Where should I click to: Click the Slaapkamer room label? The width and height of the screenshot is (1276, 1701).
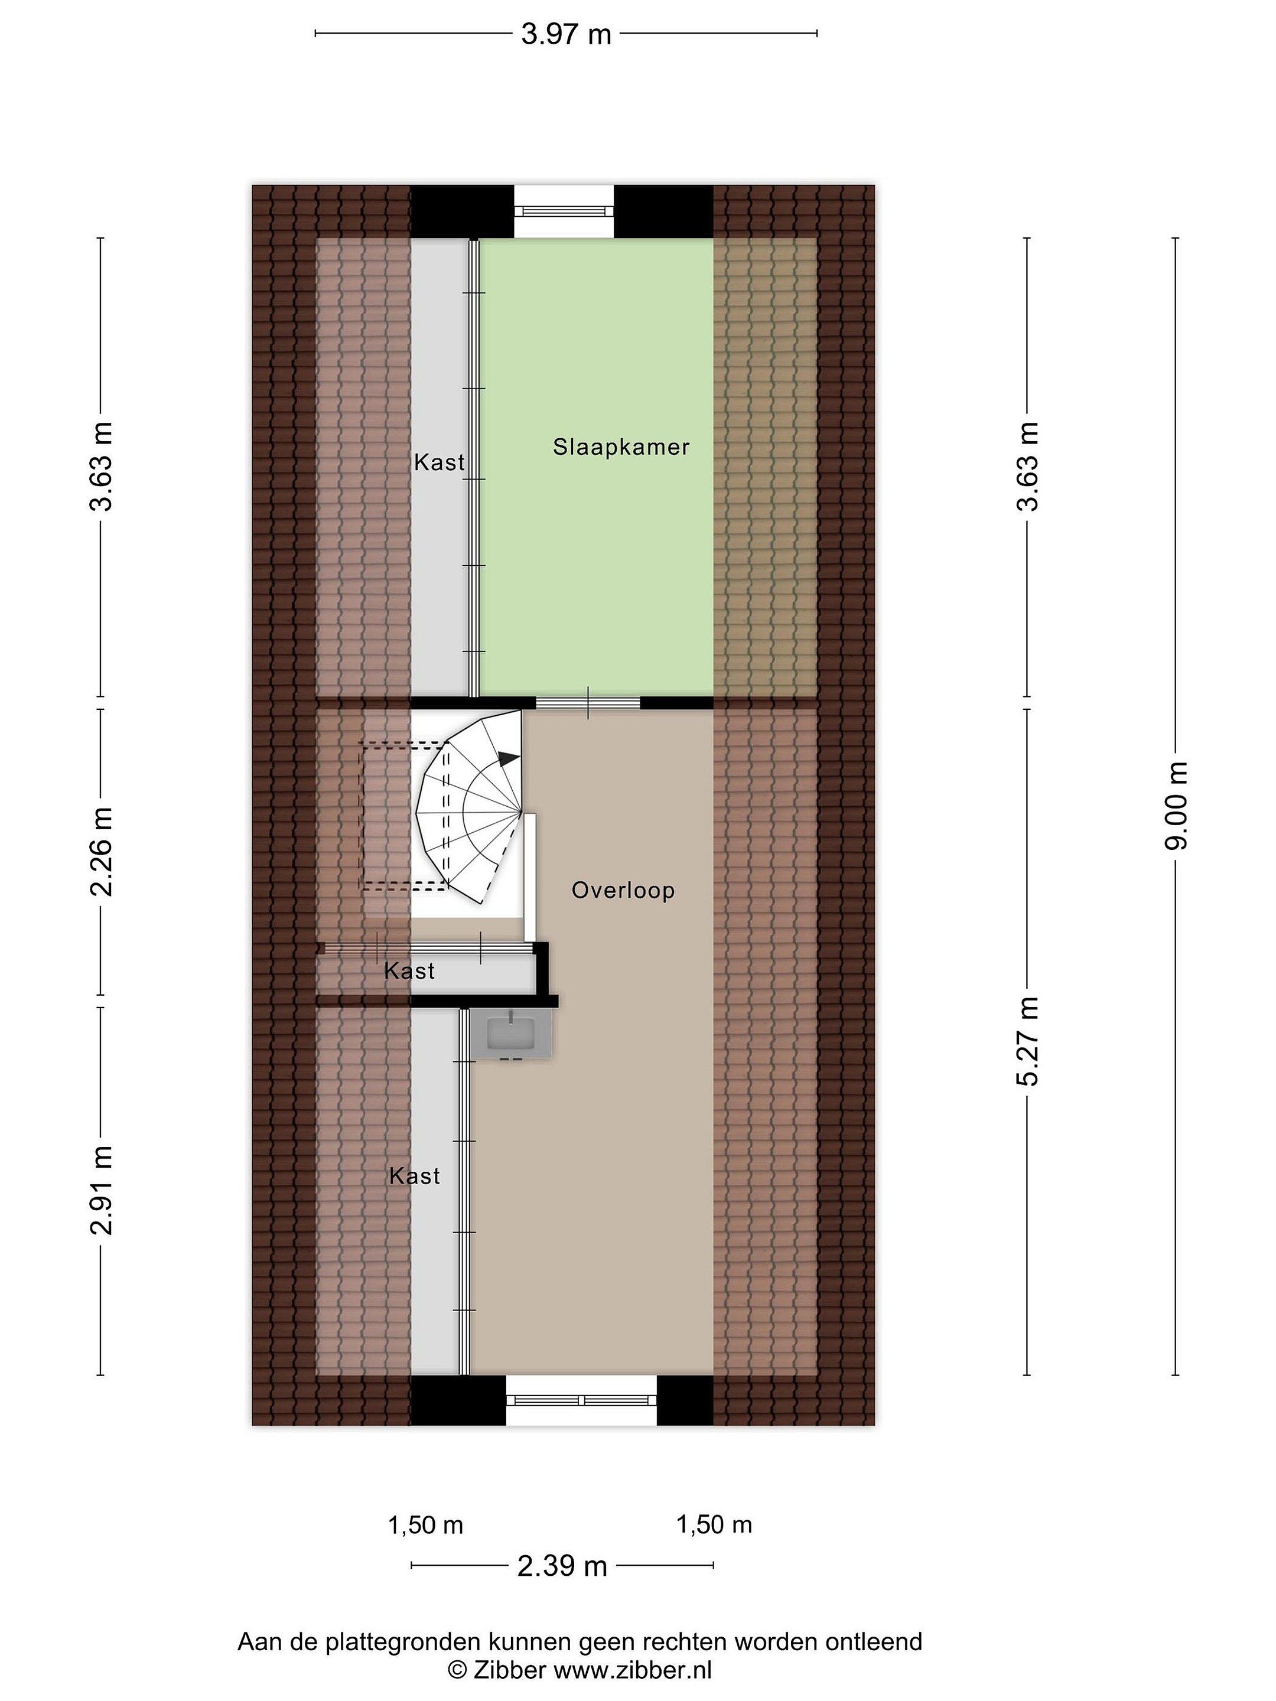[621, 447]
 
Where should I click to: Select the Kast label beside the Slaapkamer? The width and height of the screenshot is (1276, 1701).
[439, 462]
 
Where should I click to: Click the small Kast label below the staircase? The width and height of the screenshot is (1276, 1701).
[409, 971]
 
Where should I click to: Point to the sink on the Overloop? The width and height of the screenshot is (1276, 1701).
[512, 1033]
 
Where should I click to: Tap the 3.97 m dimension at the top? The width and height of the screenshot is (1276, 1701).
[566, 34]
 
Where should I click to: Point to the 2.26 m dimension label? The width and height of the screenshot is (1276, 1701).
[102, 852]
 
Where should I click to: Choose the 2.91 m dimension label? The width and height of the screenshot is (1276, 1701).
[102, 1190]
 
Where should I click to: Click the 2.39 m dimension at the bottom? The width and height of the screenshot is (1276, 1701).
[562, 1566]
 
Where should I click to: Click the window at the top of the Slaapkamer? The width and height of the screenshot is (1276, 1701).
[564, 211]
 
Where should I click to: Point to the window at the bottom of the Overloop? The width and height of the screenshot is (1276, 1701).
[581, 1400]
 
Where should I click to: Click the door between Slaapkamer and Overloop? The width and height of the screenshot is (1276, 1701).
[588, 702]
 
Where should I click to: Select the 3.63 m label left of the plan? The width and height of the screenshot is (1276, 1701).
[102, 466]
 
